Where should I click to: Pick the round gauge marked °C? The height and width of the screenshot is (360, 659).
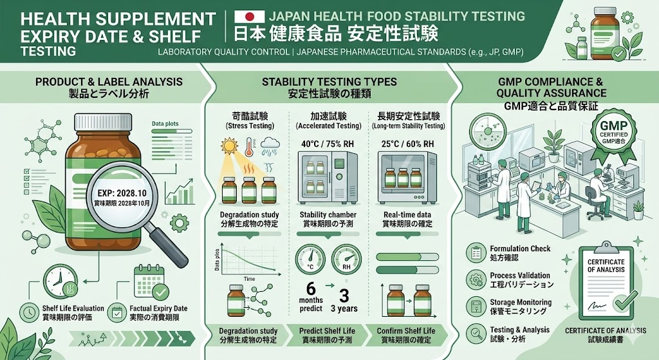[x=311, y=260]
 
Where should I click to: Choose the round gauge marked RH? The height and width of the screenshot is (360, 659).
[x=346, y=260]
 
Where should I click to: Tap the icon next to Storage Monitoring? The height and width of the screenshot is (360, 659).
[x=477, y=306]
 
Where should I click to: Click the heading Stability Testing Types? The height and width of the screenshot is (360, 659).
[x=329, y=82]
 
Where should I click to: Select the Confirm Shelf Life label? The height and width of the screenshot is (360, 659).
[x=406, y=331]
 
